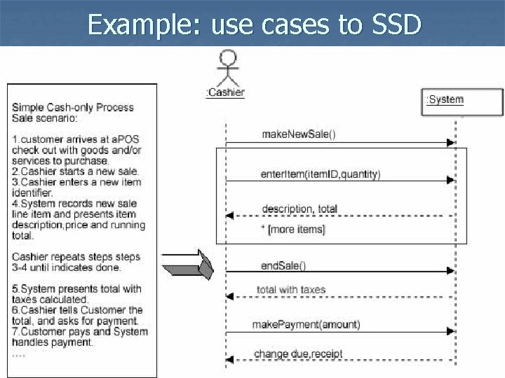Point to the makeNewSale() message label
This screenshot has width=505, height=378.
point(299,134)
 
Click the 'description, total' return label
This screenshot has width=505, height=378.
point(299,209)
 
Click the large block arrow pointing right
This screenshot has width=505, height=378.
point(185,267)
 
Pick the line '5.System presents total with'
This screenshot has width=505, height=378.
point(76,289)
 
